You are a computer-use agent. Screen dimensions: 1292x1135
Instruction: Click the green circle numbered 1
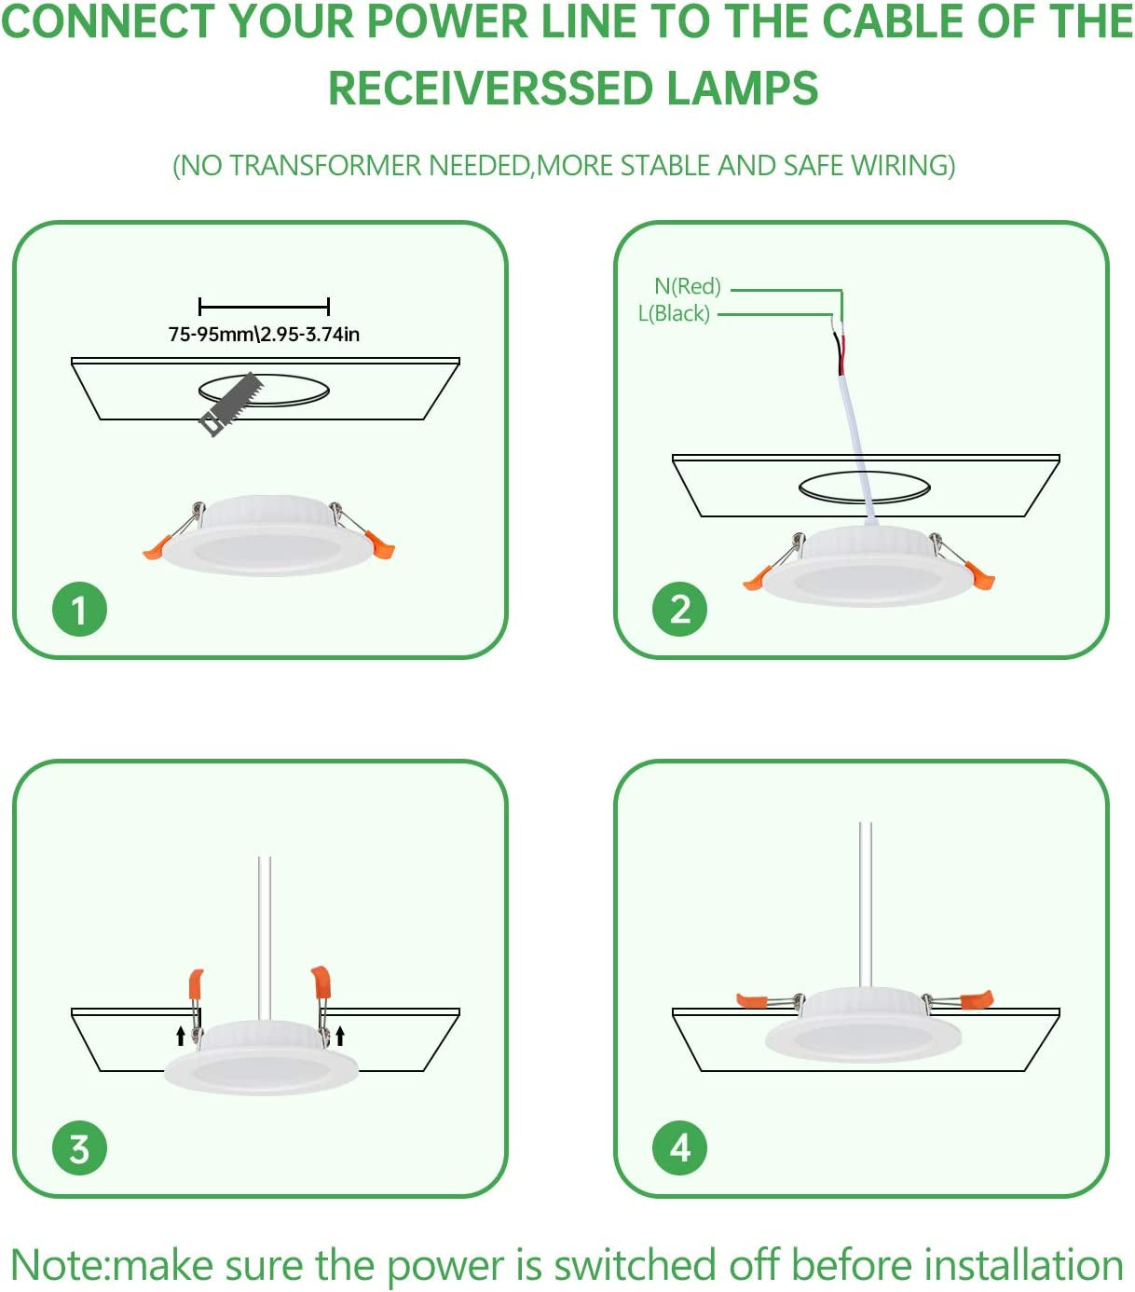(x=79, y=610)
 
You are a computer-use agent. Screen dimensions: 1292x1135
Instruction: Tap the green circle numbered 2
(x=680, y=610)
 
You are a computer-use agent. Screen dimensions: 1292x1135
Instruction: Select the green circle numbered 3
(x=79, y=1148)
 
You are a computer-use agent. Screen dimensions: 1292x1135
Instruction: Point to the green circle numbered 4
(x=680, y=1148)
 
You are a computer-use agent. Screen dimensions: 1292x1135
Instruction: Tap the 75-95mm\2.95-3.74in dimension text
(x=264, y=335)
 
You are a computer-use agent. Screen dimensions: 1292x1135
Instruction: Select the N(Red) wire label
(x=688, y=286)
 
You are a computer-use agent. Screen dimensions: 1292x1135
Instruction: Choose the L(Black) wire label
(x=674, y=313)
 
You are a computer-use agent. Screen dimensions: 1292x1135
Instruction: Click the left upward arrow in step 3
(x=181, y=1035)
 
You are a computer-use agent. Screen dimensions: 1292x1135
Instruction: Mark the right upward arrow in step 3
(x=340, y=1035)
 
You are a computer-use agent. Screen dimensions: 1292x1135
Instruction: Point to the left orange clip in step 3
(x=196, y=983)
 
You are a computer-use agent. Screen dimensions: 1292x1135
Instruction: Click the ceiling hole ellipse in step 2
(x=864, y=487)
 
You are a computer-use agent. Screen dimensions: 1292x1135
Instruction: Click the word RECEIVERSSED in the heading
(x=491, y=89)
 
